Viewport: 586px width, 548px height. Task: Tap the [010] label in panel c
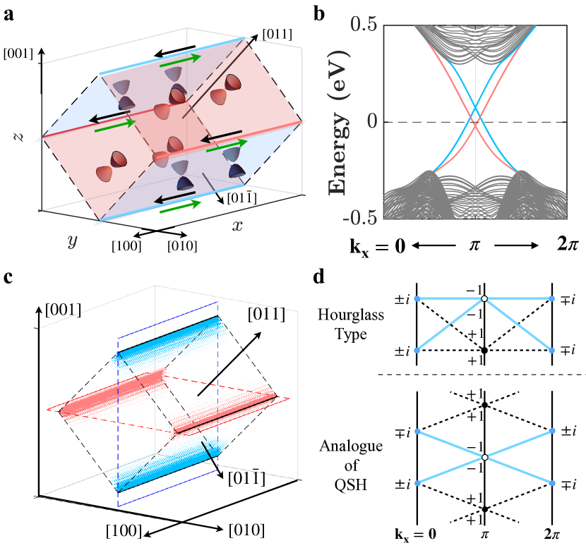coord(246,528)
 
